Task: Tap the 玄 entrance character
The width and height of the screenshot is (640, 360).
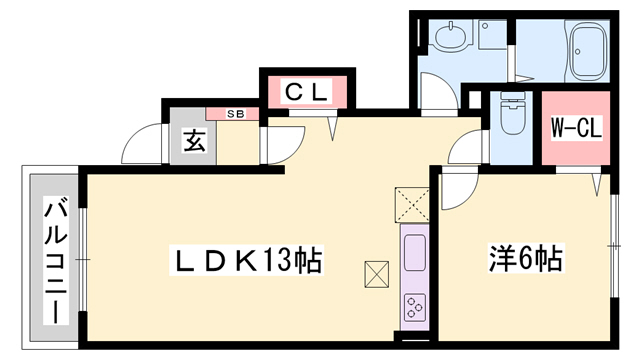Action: point(194,141)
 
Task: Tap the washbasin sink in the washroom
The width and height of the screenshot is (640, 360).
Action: point(446,39)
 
